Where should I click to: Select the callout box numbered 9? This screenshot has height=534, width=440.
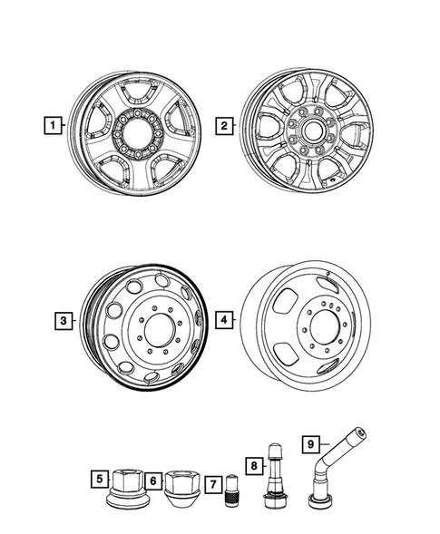click(x=311, y=442)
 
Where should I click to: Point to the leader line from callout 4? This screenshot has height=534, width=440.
click(x=238, y=320)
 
